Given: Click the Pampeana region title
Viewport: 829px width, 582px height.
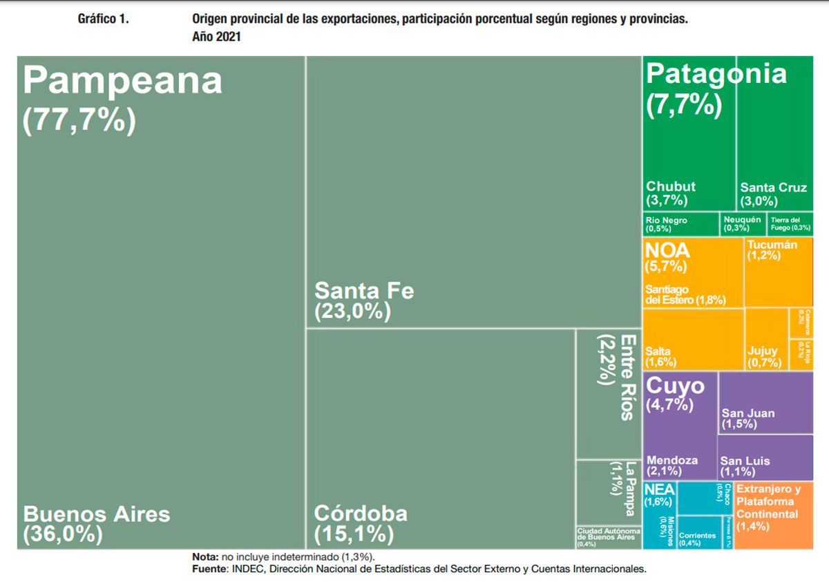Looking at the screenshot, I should click(x=123, y=82).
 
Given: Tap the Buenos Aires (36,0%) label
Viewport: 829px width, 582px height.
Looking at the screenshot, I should click(x=97, y=524).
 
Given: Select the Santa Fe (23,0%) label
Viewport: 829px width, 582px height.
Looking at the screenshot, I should click(x=364, y=300).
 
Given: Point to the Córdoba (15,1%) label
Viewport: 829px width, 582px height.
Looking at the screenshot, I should click(x=361, y=524).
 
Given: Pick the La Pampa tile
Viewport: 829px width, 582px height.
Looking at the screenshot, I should click(x=609, y=491).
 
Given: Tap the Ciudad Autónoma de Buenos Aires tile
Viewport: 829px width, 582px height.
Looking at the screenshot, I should click(x=608, y=536).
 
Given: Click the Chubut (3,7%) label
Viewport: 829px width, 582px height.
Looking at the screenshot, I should click(x=670, y=194).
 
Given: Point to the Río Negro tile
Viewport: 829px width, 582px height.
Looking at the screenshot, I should click(x=680, y=224).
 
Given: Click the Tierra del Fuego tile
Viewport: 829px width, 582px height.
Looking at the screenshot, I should click(x=790, y=224).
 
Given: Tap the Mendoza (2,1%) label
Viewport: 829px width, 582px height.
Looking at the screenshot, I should click(x=671, y=465).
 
